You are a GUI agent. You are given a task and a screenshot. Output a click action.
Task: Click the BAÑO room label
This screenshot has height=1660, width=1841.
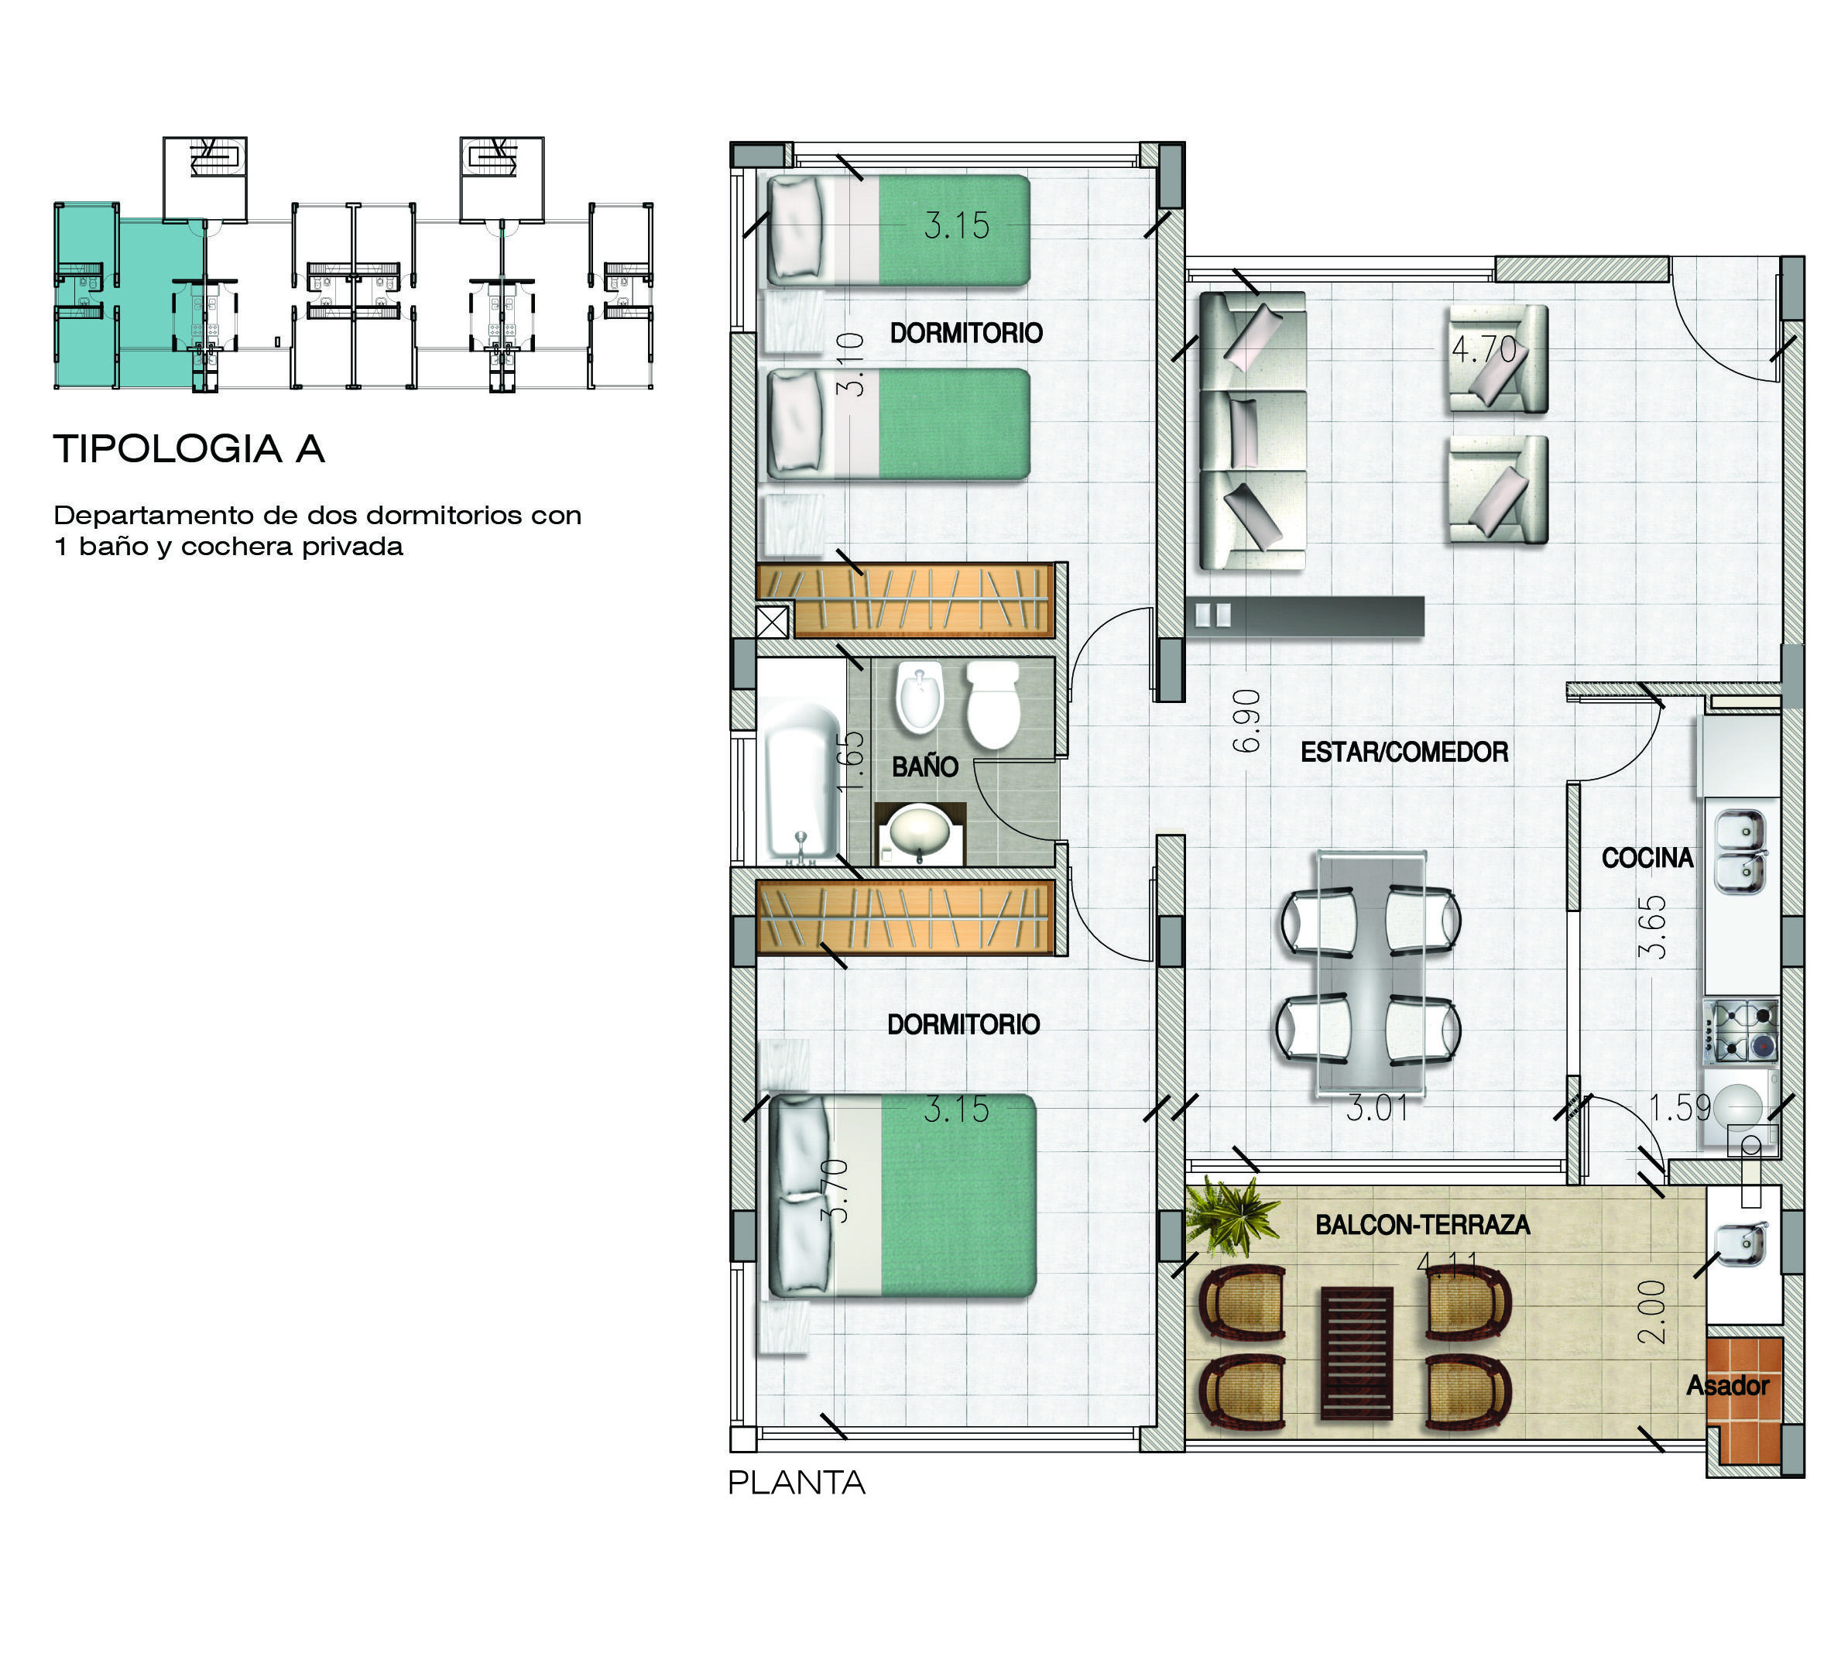[x=924, y=767]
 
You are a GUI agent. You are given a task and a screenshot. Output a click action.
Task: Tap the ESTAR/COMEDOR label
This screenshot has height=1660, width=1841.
[x=1404, y=752]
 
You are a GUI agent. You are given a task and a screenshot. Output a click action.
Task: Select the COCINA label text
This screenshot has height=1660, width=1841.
[x=1647, y=857]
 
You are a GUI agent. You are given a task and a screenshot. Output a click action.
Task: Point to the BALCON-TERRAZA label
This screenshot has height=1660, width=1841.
[x=1421, y=1224]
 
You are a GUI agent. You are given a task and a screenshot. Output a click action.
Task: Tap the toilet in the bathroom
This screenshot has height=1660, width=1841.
[x=992, y=705]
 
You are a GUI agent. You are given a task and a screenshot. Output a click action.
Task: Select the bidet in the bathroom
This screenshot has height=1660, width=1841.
[x=919, y=698]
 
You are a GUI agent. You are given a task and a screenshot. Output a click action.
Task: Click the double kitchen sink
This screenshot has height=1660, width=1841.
[x=1740, y=852]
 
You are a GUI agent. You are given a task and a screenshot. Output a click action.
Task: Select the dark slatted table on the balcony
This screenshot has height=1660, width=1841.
[x=1357, y=1353]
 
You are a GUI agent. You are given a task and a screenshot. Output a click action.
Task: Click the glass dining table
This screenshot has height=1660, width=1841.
[x=1370, y=972]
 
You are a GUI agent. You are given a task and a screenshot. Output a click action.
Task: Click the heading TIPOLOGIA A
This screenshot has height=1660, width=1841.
[x=189, y=449]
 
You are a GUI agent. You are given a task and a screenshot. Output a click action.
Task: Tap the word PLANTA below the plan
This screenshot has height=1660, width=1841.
[x=796, y=1482]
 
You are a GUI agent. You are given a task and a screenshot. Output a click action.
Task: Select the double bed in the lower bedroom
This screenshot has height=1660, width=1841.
[x=903, y=1195]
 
